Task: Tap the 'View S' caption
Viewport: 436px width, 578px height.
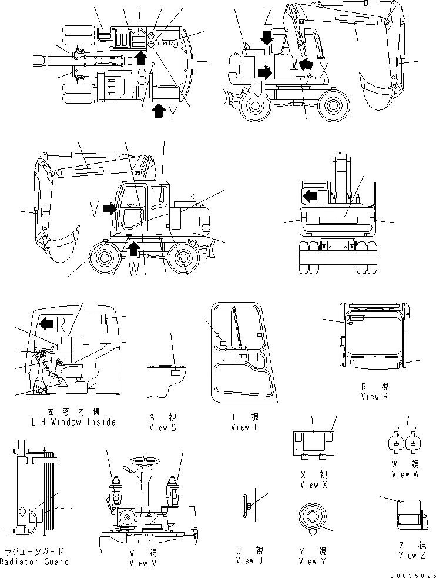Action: pyautogui.click(x=163, y=427)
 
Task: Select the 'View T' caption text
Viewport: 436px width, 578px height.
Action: pyautogui.click(x=240, y=427)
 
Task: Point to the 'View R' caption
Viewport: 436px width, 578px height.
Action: pyautogui.click(x=374, y=396)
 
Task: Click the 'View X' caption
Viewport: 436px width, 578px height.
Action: pyautogui.click(x=309, y=484)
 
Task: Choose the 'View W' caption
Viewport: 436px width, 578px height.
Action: pyautogui.click(x=405, y=474)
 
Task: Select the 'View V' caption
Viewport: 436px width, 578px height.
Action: pyautogui.click(x=143, y=562)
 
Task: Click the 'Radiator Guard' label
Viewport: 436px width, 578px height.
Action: pyautogui.click(x=35, y=561)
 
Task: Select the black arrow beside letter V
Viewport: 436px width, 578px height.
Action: pyautogui.click(x=109, y=207)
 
